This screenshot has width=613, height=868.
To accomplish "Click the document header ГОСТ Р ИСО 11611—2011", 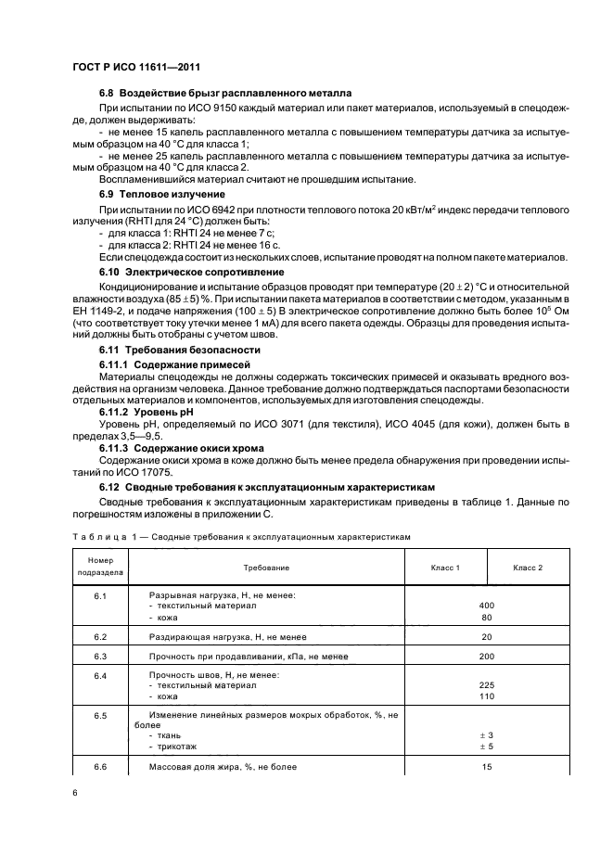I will pyautogui.click(x=136, y=68).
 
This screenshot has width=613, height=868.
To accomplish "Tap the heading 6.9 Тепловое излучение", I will pyautogui.click(x=162, y=194).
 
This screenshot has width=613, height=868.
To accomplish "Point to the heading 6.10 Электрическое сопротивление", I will pyautogui.click(x=191, y=272).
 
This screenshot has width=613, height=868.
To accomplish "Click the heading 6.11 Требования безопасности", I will pyautogui.click(x=179, y=350).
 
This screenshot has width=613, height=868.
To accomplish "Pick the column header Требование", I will pyautogui.click(x=266, y=566).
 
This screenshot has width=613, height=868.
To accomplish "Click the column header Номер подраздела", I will pyautogui.click(x=100, y=566).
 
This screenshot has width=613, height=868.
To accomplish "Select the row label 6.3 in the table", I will pyautogui.click(x=100, y=656).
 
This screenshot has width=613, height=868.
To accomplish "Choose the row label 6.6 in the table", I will pyautogui.click(x=100, y=767).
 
